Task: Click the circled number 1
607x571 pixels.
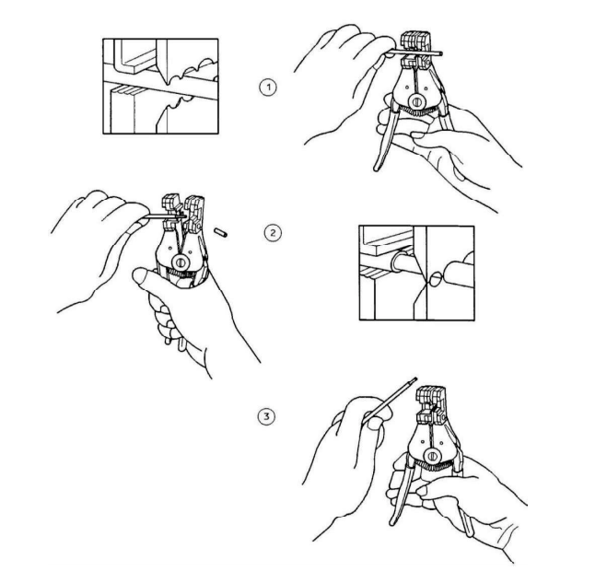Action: [268, 87]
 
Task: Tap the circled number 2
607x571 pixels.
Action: [273, 233]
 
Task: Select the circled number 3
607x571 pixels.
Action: [267, 417]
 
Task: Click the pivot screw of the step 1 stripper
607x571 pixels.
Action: [417, 102]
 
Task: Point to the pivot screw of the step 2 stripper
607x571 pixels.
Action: [180, 262]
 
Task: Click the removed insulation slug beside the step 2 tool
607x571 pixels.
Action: [221, 232]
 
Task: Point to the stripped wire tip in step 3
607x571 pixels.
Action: [414, 380]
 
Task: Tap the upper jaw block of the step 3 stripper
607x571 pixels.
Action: [431, 396]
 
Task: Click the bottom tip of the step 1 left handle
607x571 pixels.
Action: [377, 169]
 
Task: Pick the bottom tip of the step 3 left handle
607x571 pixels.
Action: [392, 522]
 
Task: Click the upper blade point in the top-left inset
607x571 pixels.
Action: [166, 83]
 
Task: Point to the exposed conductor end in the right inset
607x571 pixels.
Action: [436, 278]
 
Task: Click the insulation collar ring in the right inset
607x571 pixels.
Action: [396, 262]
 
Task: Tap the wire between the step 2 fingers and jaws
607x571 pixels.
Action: [158, 217]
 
